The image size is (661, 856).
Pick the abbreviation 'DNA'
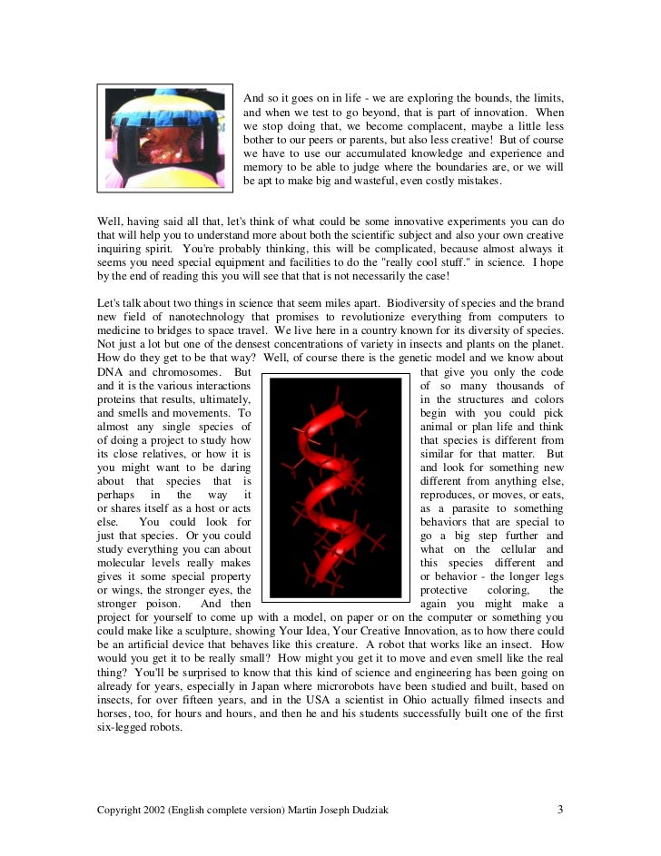(111, 372)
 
